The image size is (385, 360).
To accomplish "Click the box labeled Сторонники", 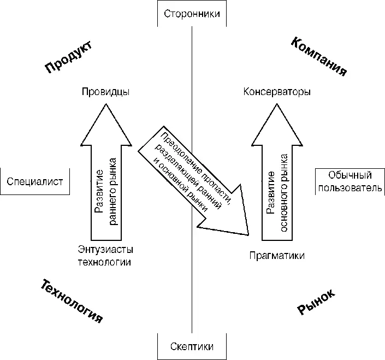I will point(191,14).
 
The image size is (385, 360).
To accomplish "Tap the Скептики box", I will point(191,346).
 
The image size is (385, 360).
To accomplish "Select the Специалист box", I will point(35,181).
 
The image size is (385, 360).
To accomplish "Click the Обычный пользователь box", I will point(350,181).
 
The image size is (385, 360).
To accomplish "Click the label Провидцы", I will point(106,92).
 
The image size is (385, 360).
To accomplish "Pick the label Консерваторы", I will point(277,92).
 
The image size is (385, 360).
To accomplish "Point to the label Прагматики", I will point(277,256).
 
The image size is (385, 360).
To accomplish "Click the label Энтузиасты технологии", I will point(106,256).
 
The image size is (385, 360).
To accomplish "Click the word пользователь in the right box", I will point(350,188).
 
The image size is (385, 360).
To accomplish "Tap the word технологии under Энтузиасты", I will point(106,262).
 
